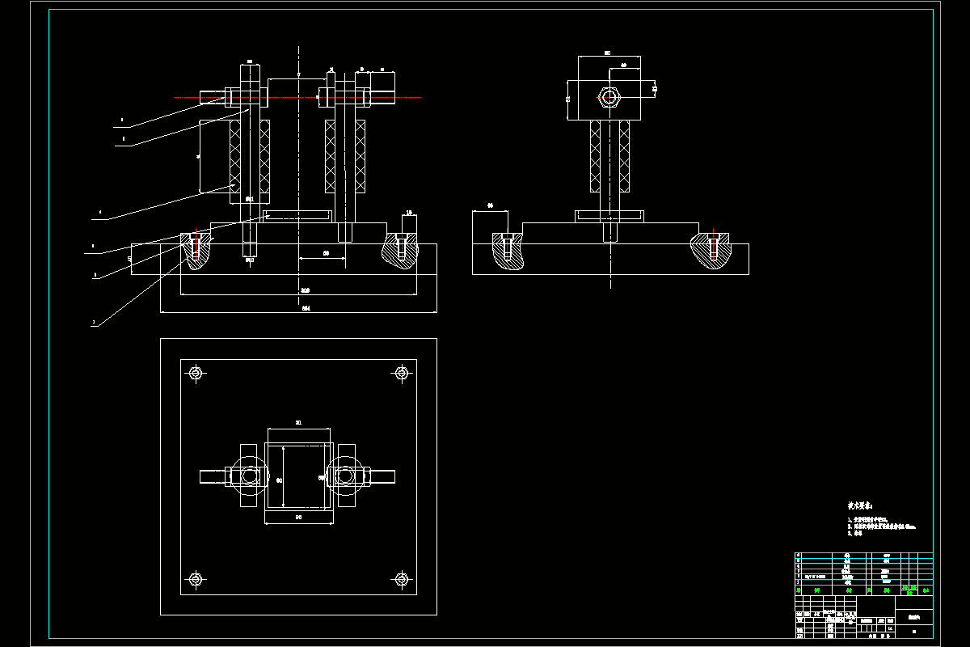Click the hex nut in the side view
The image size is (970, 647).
(610, 98)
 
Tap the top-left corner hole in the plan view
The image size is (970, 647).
(196, 373)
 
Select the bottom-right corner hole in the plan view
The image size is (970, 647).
(401, 579)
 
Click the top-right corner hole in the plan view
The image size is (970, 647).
(401, 373)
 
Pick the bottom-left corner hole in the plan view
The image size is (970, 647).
(196, 579)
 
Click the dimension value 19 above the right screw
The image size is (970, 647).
(409, 213)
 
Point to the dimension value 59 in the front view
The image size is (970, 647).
(326, 253)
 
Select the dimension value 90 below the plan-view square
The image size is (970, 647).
(298, 516)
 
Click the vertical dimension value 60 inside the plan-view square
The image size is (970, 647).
(280, 480)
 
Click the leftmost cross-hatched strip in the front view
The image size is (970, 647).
(235, 155)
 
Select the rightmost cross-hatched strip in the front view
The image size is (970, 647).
(361, 155)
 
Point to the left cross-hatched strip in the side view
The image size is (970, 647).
(596, 155)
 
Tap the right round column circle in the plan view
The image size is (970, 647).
(346, 476)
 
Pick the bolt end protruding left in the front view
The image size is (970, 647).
(212, 98)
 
